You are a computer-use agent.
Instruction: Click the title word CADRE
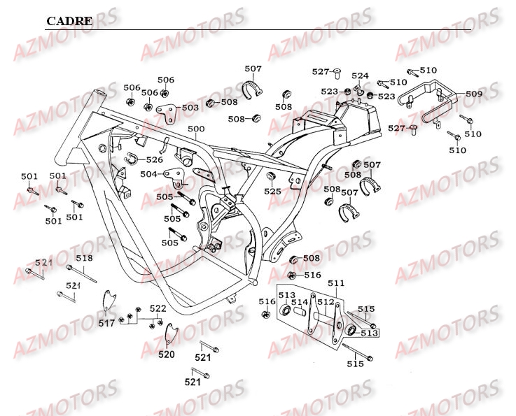point(69,21)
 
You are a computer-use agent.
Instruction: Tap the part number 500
point(196,129)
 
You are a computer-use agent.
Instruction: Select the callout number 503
point(190,108)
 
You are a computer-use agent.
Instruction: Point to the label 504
point(148,173)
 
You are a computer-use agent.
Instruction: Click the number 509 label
point(474,94)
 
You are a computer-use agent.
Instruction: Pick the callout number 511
point(337,283)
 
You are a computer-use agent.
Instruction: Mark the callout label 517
point(106,323)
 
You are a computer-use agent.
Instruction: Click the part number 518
point(84,259)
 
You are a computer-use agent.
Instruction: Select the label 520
point(166,354)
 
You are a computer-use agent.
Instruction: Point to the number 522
point(158,308)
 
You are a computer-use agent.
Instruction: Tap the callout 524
point(360,76)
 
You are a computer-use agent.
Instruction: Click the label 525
point(272,192)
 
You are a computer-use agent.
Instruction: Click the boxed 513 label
point(369,333)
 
